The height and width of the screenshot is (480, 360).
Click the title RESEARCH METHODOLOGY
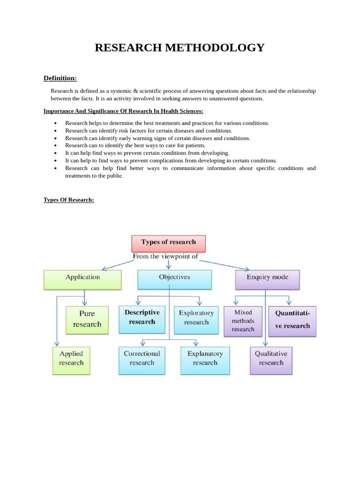click(180, 48)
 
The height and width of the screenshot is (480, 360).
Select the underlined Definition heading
click(60, 78)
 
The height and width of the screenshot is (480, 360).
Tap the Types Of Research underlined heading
click(69, 200)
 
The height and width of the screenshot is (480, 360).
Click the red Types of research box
click(168, 243)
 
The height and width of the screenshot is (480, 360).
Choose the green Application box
click(82, 278)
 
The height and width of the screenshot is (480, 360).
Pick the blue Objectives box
click(174, 278)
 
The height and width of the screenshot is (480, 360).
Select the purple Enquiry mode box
click(267, 278)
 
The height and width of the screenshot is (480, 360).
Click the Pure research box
click(87, 319)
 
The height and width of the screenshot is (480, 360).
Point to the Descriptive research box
click(142, 318)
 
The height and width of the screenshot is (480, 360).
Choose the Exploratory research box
click(196, 318)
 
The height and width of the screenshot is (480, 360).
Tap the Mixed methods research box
click(243, 321)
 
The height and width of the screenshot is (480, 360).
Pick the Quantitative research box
click(292, 321)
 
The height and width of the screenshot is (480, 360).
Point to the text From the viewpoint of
click(165, 256)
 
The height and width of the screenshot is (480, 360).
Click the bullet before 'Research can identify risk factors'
click(56, 131)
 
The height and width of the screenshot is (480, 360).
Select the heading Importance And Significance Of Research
click(123, 111)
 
